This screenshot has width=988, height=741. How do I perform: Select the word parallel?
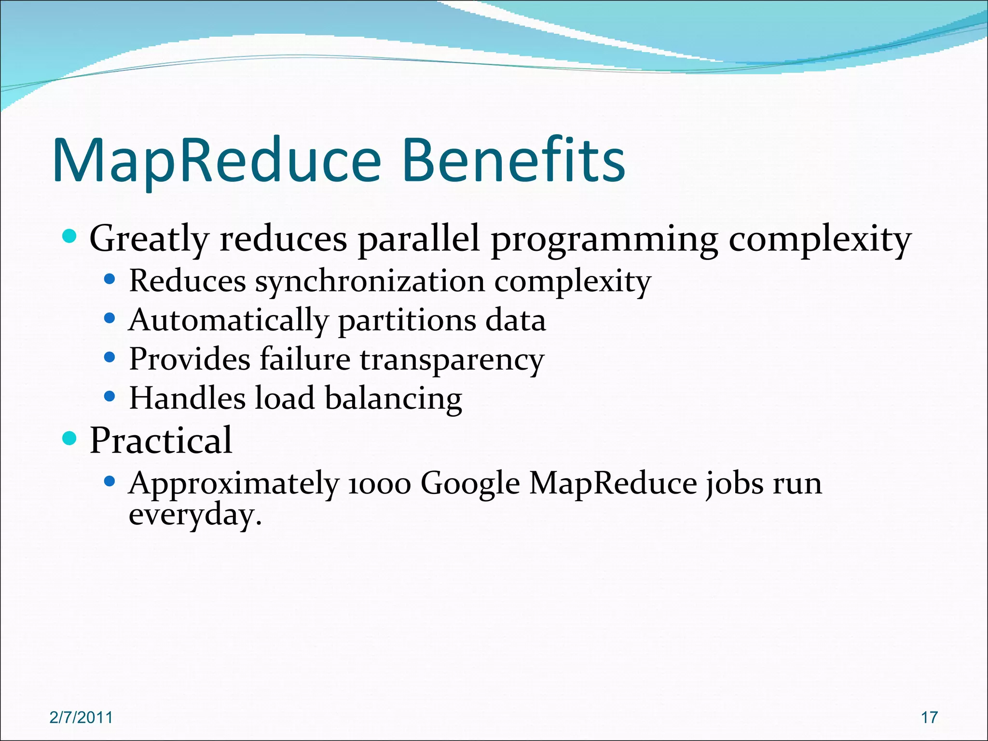pyautogui.click(x=419, y=239)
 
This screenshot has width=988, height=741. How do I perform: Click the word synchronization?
pyautogui.click(x=370, y=281)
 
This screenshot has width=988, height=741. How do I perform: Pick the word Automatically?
pyautogui.click(x=228, y=320)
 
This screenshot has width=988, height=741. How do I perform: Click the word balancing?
pyautogui.click(x=393, y=399)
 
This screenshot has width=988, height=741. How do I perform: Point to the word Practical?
pyautogui.click(x=161, y=440)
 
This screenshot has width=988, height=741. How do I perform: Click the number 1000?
pyautogui.click(x=379, y=484)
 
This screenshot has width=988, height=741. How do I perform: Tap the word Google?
pyautogui.click(x=470, y=484)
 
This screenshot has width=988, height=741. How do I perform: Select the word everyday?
pyautogui.click(x=195, y=515)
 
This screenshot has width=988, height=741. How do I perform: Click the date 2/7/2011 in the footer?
pyautogui.click(x=81, y=717)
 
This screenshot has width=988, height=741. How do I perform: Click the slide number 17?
pyautogui.click(x=929, y=717)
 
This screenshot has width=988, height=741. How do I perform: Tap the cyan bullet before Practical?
pyautogui.click(x=70, y=439)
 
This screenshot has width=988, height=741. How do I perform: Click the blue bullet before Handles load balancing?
pyautogui.click(x=110, y=397)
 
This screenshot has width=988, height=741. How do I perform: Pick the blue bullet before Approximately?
pyautogui.click(x=110, y=481)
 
